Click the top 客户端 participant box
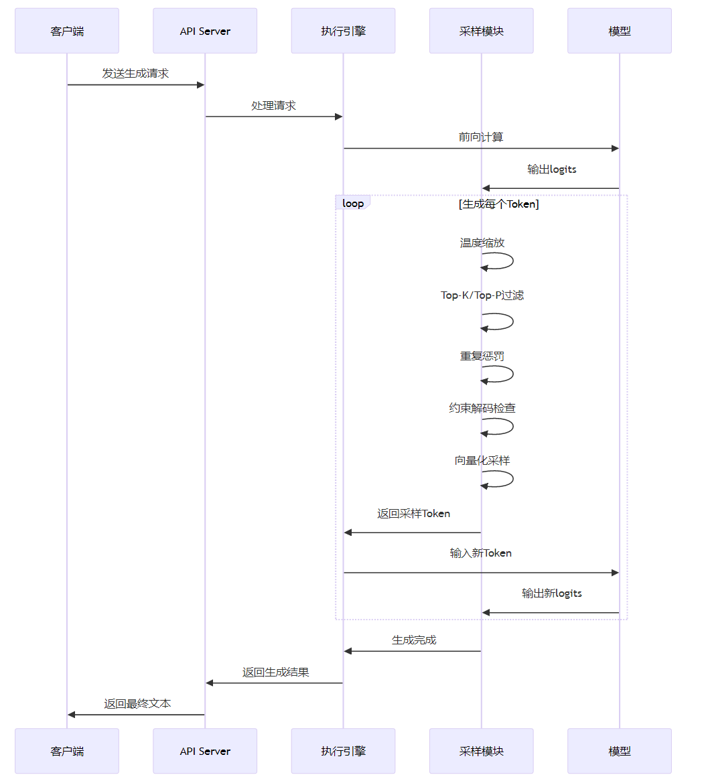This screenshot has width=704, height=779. (x=67, y=31)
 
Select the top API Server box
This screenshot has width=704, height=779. (x=205, y=31)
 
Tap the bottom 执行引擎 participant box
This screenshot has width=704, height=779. (x=343, y=751)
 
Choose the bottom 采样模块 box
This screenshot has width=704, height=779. (x=481, y=751)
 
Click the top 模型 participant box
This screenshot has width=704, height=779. (x=619, y=31)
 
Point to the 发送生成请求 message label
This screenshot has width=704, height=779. (x=135, y=73)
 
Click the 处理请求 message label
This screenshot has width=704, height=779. (x=273, y=105)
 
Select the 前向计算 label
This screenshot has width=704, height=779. (x=481, y=137)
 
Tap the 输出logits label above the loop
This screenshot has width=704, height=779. (x=551, y=169)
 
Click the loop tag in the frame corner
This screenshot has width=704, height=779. (x=352, y=203)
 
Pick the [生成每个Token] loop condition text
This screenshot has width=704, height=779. (x=499, y=204)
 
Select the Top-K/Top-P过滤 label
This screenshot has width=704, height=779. (x=482, y=295)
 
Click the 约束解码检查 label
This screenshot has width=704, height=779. (x=482, y=408)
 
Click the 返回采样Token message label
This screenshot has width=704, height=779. (x=413, y=514)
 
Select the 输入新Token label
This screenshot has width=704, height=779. (x=481, y=553)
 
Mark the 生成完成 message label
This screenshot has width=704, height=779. (x=413, y=640)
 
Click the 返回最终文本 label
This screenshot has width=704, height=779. (x=137, y=704)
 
